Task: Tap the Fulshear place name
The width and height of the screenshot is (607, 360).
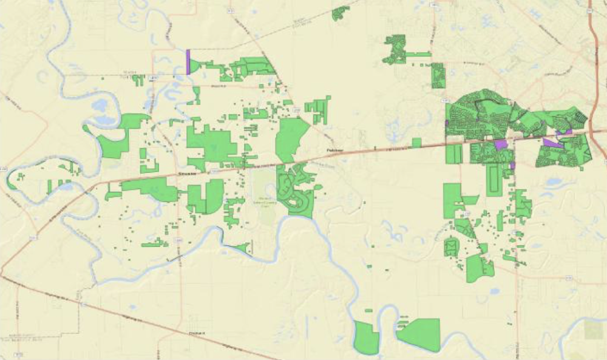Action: coord(331,149)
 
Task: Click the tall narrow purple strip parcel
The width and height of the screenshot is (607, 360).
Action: coord(188,62)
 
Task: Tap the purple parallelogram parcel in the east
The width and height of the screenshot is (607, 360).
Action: coord(552,143)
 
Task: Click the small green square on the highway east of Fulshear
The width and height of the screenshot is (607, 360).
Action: coord(416,143)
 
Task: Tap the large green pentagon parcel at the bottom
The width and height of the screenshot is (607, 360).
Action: coord(420,334)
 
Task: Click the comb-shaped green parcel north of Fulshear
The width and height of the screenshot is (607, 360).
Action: coord(319,109)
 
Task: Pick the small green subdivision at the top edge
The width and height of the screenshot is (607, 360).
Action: coord(340,13)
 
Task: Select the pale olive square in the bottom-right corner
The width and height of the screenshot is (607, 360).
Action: coord(594,329)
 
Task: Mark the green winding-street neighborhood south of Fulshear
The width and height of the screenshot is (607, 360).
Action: coord(296,189)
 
